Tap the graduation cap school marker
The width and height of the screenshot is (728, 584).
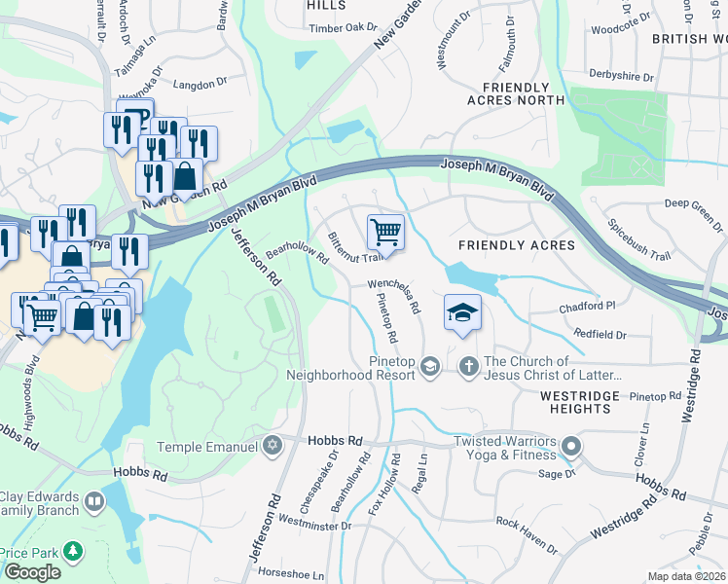click(x=463, y=312)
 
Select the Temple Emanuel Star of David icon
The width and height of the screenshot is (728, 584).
click(x=273, y=446)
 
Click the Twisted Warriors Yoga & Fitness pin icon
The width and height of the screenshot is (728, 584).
click(x=570, y=448)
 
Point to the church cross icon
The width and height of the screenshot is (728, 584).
click(x=468, y=367)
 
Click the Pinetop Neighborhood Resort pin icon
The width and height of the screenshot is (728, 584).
click(x=432, y=367)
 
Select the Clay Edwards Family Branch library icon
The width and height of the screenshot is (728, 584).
click(x=94, y=502)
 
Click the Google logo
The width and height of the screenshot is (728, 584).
click(x=32, y=572)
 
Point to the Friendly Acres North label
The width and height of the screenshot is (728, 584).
click(x=515, y=92)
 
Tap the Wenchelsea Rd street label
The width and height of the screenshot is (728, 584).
click(x=393, y=296)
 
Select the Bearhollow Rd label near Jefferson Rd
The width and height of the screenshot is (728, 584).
click(x=297, y=252)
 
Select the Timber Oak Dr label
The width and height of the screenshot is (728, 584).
click(x=314, y=27)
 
